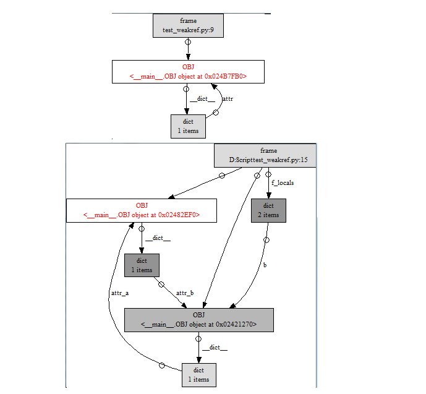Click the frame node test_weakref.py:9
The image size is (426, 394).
pyautogui.click(x=188, y=25)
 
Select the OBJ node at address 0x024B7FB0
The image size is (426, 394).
pyautogui.click(x=188, y=72)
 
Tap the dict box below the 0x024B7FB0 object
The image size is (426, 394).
pyautogui.click(x=188, y=126)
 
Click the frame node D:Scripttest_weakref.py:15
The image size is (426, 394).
pyautogui.click(x=265, y=155)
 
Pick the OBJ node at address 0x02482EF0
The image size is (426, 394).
pyautogui.click(x=141, y=210)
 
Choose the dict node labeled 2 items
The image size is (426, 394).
pyautogui.click(x=268, y=210)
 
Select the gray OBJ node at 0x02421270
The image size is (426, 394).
pyautogui.click(x=198, y=320)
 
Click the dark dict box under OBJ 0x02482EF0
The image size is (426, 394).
pyautogui.click(x=142, y=265)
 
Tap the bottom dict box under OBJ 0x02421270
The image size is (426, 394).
pyautogui.click(x=198, y=375)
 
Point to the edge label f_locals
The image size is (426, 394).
pyautogui.click(x=282, y=183)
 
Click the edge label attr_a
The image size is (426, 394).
pyautogui.click(x=119, y=293)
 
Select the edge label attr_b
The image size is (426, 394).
pyautogui.click(x=185, y=293)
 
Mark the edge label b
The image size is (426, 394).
pyautogui.click(x=265, y=265)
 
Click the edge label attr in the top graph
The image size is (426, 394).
pyautogui.click(x=227, y=99)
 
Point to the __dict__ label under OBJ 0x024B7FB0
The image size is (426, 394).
pyautogui.click(x=202, y=99)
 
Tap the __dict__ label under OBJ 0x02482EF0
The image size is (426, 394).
pyautogui.click(x=158, y=238)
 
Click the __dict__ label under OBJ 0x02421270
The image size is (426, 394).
pyautogui.click(x=215, y=348)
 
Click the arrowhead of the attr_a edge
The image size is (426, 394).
pyautogui.click(x=132, y=226)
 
